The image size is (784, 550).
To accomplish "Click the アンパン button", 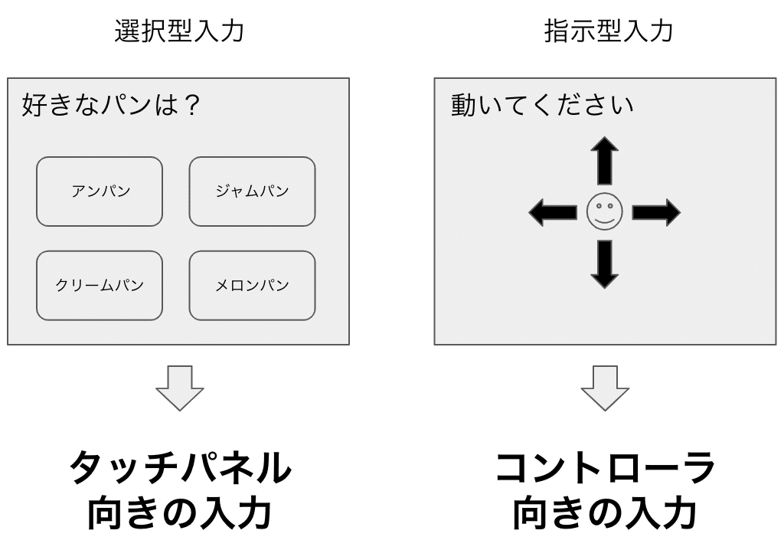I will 100,192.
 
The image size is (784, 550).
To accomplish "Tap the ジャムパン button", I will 252,192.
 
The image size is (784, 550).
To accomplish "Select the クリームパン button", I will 100,285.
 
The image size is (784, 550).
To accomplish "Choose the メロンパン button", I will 252,285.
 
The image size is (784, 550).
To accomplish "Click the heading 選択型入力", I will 179,31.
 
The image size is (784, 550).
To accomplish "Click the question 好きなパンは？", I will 112,104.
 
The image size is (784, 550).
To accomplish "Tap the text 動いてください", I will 542,104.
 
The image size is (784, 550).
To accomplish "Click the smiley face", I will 604,212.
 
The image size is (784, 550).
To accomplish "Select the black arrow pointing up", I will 604,160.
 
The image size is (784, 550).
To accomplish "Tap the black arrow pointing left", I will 552,212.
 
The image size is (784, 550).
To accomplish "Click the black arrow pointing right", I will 656,212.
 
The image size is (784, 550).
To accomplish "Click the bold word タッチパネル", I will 179,468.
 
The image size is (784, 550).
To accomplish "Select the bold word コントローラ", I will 605,468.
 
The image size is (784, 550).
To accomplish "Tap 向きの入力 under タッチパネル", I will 179,514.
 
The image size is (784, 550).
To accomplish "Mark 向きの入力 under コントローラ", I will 605,514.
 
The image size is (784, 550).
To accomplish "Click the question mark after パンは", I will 192,104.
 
